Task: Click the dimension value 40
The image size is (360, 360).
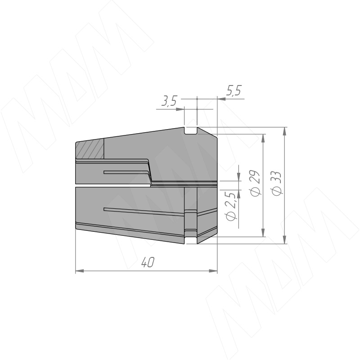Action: (148, 262)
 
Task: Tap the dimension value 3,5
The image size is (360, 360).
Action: (169, 101)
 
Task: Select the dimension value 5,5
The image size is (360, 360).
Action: (234, 90)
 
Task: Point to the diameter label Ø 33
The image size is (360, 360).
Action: (276, 184)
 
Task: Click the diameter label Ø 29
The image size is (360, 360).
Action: (255, 184)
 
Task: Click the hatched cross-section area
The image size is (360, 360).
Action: (90, 149)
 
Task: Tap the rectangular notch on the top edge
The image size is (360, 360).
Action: (190, 130)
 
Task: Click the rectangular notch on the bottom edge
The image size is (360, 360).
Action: (190, 240)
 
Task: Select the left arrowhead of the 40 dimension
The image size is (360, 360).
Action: (80, 271)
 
